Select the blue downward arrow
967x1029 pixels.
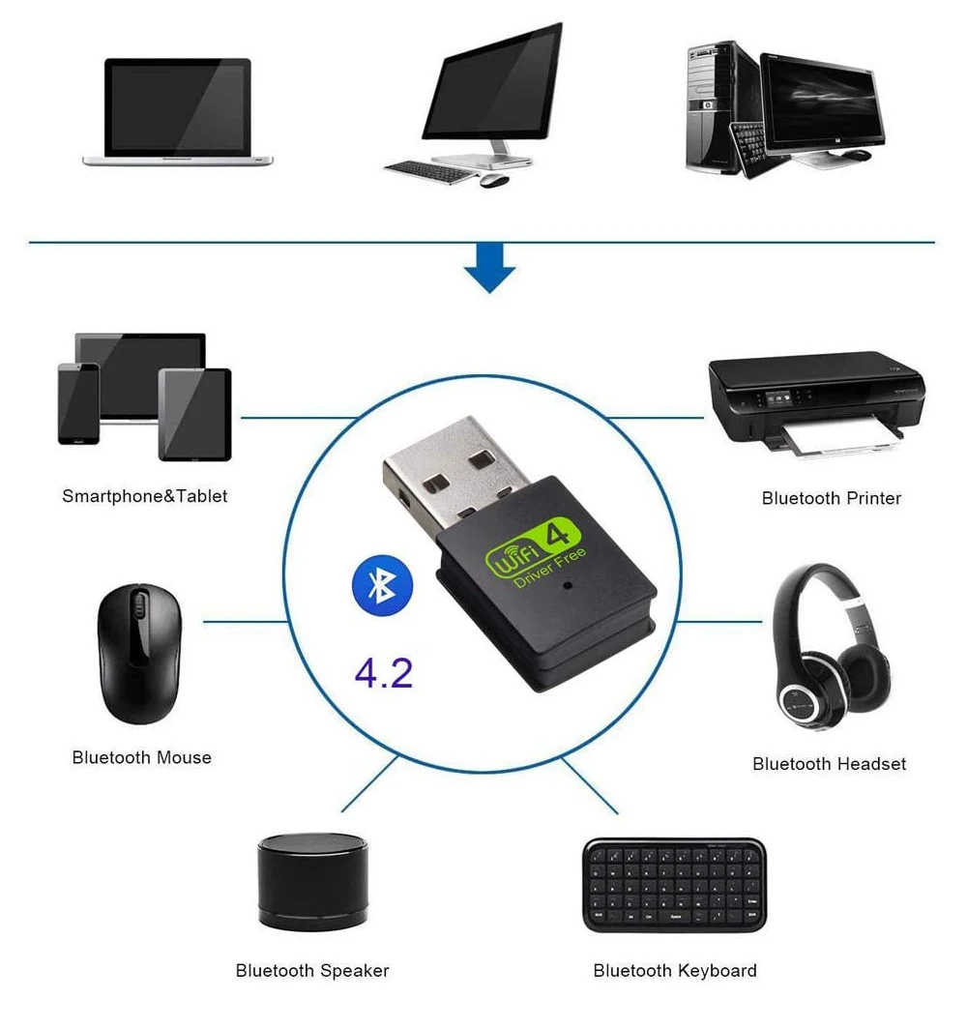[490, 270]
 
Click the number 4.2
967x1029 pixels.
[384, 673]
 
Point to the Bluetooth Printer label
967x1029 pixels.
[831, 498]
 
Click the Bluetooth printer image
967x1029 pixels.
[815, 401]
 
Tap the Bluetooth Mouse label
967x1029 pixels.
[141, 757]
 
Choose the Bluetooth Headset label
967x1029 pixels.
[829, 764]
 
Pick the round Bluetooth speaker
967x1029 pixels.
[312, 880]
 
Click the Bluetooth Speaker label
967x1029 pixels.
[312, 970]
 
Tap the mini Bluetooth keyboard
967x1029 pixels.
[674, 885]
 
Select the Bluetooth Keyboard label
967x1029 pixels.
[675, 970]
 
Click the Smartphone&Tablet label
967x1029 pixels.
[145, 496]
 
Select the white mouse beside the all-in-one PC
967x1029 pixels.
[494, 180]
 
